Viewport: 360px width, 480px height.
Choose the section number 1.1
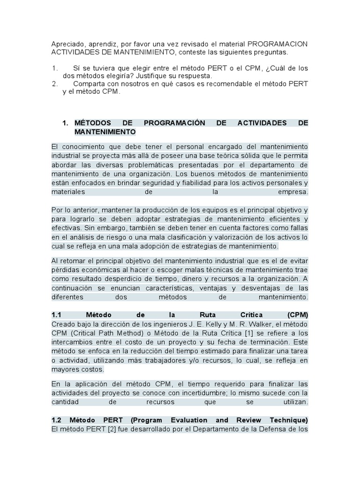pyautogui.click(x=57, y=315)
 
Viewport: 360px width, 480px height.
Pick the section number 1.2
pyautogui.click(x=57, y=420)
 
